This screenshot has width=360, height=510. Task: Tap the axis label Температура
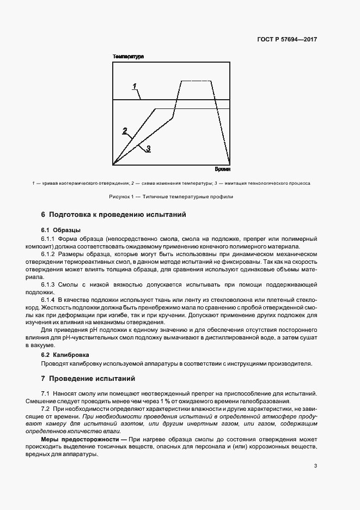(128, 57)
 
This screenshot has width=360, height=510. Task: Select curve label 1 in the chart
(135, 86)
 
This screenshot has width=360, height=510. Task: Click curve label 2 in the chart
(125, 130)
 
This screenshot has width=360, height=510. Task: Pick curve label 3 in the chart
(148, 148)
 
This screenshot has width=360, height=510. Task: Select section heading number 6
(44, 215)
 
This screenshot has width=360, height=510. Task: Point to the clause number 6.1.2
(50, 254)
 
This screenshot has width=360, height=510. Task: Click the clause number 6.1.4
(50, 300)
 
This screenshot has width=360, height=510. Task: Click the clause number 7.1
(46, 393)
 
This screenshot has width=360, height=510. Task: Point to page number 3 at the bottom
(316, 465)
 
